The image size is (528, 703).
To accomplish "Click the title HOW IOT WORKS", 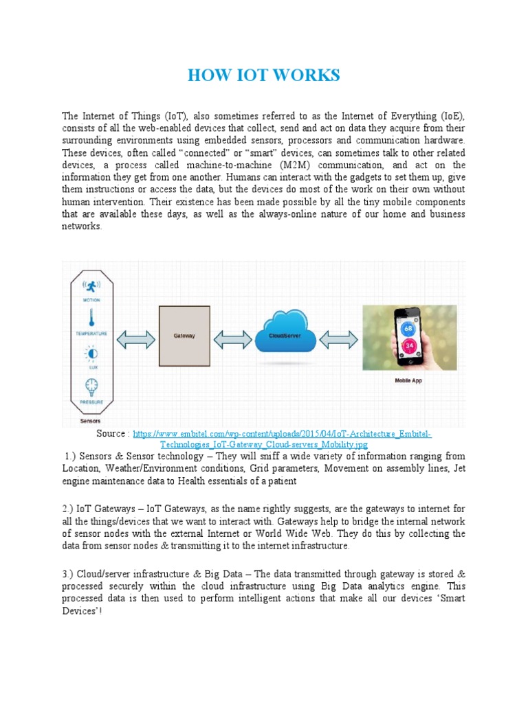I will pos(264,76).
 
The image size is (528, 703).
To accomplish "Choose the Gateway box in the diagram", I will pos(184,336).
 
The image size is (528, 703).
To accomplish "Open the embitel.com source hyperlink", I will pos(282,435).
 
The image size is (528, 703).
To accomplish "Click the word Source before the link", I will pos(112,435).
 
